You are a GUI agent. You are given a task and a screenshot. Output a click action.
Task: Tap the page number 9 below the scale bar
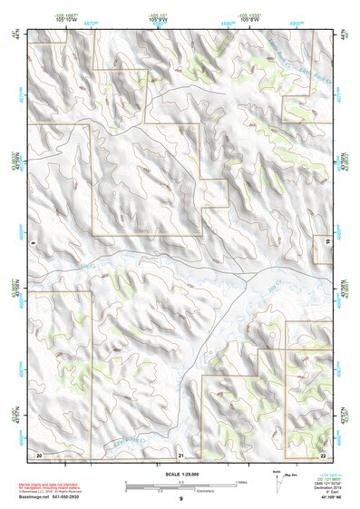point(180,500)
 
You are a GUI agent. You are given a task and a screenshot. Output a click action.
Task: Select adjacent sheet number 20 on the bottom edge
point(39,454)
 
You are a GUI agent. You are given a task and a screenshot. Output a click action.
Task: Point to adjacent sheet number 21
point(181,454)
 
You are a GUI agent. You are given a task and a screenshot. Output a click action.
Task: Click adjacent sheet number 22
point(324,454)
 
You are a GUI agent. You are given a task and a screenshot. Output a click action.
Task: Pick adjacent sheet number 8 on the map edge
point(33,242)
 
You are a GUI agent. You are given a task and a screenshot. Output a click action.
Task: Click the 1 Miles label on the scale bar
point(239,481)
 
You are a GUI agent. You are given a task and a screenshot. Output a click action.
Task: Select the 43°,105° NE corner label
point(336,498)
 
